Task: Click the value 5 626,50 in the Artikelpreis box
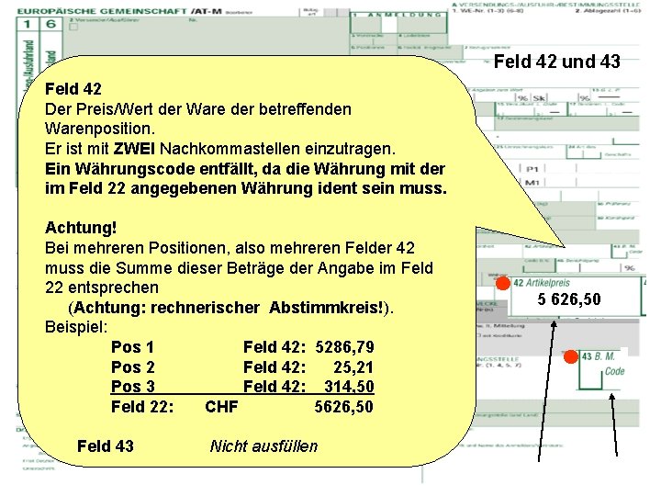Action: (x=569, y=299)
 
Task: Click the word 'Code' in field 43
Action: (x=615, y=370)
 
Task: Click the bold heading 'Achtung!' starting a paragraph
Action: (x=81, y=227)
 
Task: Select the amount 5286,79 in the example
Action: (x=344, y=348)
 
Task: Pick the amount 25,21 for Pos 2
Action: (x=353, y=367)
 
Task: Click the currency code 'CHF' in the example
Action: (x=221, y=407)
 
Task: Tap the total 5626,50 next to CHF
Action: (x=344, y=407)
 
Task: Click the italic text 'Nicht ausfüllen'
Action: (x=263, y=446)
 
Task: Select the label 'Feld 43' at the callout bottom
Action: (x=106, y=446)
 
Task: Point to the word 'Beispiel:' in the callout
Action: (x=76, y=327)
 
